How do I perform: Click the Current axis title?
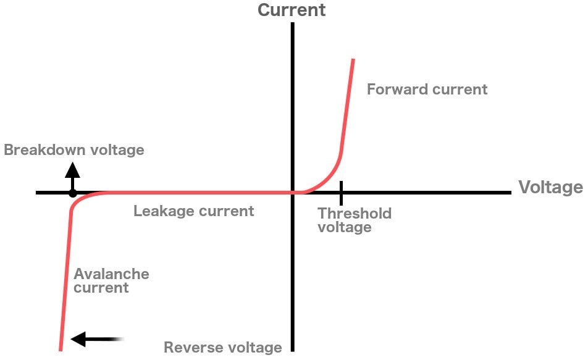pyautogui.click(x=292, y=10)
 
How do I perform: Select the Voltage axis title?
pyautogui.click(x=550, y=187)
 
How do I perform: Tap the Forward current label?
pyautogui.click(x=427, y=90)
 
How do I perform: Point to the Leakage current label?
pyautogui.click(x=193, y=211)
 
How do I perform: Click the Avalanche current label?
pyautogui.click(x=111, y=280)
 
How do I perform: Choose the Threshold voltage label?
pyautogui.click(x=354, y=220)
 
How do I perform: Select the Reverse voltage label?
pyautogui.click(x=222, y=348)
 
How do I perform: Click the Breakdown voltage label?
pyautogui.click(x=74, y=150)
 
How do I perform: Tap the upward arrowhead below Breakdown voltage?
pyautogui.click(x=72, y=169)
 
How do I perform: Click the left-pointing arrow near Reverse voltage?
pyautogui.click(x=93, y=339)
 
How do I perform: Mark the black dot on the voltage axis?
pyautogui.click(x=72, y=193)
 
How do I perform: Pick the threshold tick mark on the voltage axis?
pyautogui.click(x=340, y=193)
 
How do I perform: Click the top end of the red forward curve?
pyautogui.click(x=353, y=60)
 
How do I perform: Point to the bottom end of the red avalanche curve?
pyautogui.click(x=60, y=349)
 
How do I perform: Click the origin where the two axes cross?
pyautogui.click(x=292, y=193)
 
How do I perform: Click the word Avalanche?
pyautogui.click(x=111, y=274)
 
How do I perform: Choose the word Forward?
pyautogui.click(x=394, y=90)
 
